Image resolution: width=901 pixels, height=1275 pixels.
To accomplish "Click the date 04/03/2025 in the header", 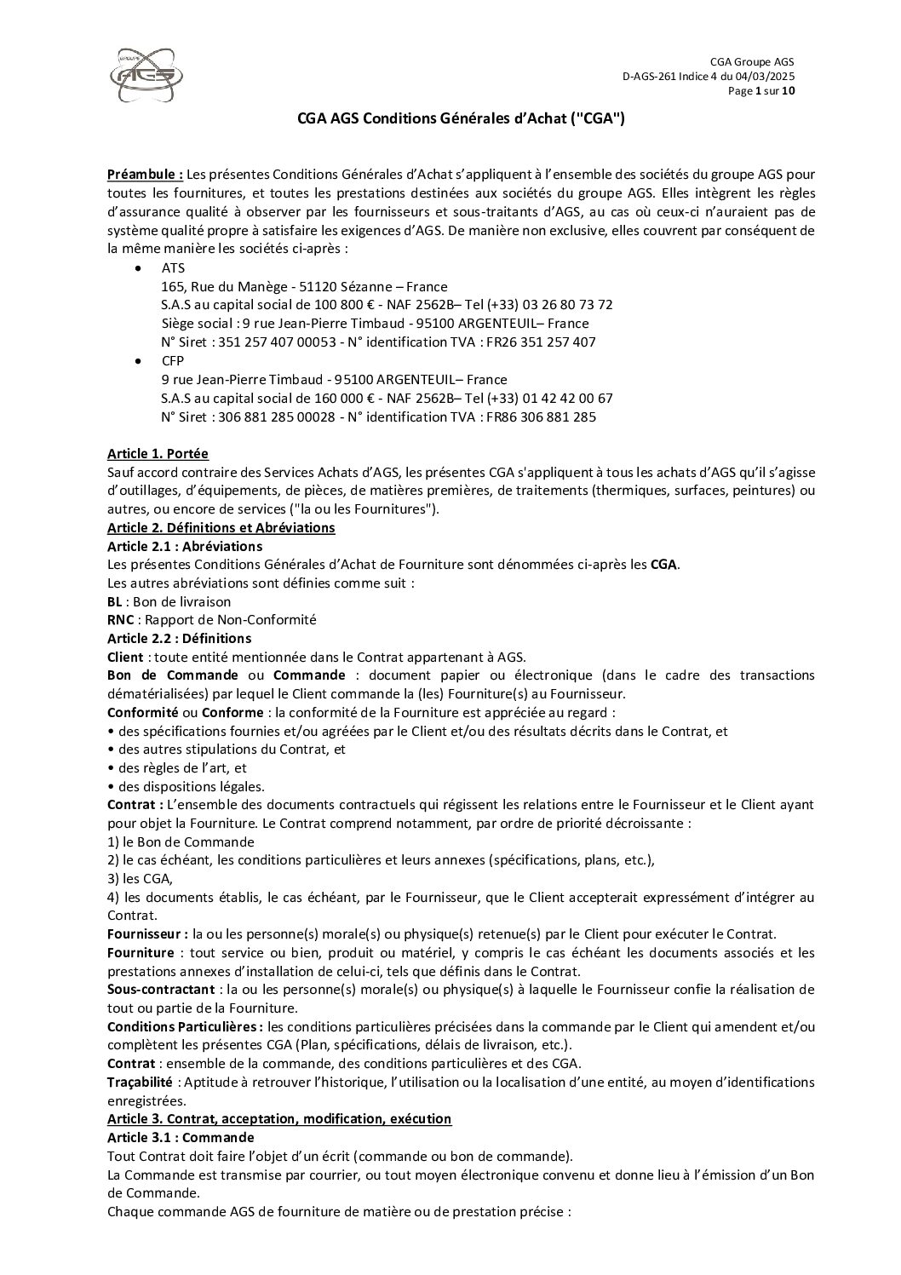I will point(765,77).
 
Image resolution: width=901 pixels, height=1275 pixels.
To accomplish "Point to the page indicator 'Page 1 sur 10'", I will point(760,91).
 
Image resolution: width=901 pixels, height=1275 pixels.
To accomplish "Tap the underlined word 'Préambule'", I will point(144,175).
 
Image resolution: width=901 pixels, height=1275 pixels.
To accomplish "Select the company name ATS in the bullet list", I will point(173,268).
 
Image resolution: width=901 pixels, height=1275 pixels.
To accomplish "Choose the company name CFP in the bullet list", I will point(173,361).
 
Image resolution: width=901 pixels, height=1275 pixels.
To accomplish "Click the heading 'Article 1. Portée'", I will point(158,454).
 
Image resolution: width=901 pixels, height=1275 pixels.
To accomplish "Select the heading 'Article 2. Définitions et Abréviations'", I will point(221,528).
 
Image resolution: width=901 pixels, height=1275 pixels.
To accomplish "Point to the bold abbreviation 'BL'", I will point(115,602).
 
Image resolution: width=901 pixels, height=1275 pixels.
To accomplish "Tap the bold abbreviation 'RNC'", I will point(120,620).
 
